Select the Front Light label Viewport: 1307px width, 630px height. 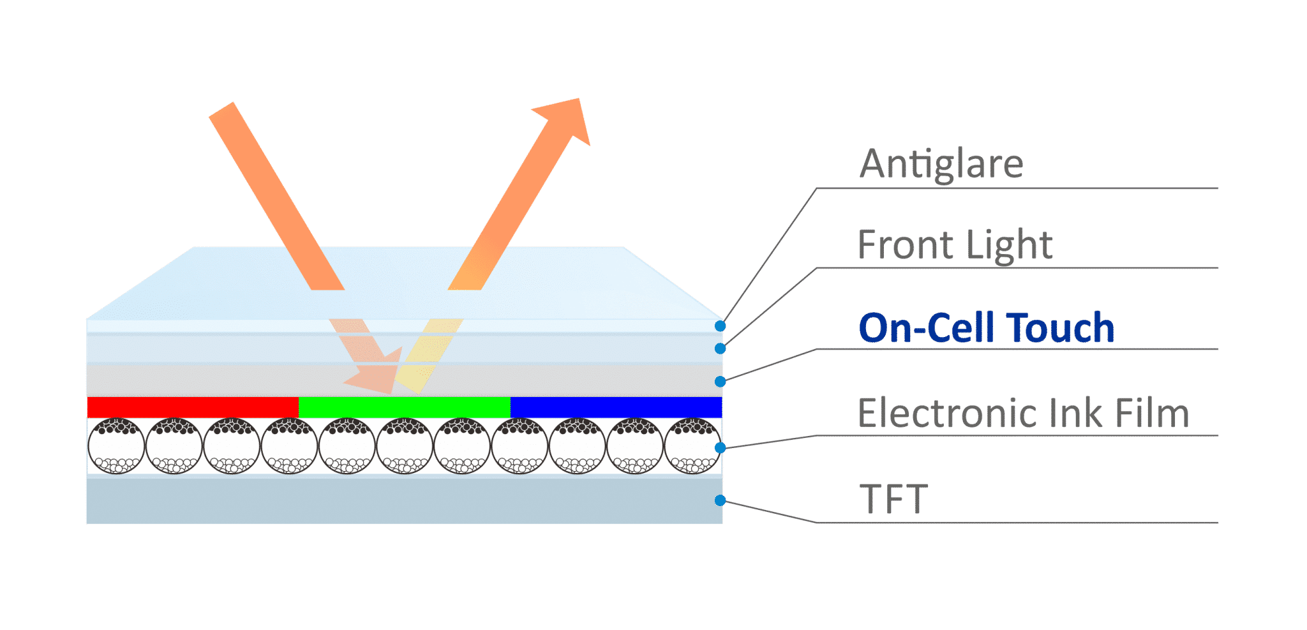coord(955,244)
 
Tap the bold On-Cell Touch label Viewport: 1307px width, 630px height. coord(987,327)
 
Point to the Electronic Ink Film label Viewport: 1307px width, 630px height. coord(1024,412)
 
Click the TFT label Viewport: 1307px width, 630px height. coord(893,499)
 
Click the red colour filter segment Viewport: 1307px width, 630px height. coord(193,407)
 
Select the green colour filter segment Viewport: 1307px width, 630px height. coord(405,407)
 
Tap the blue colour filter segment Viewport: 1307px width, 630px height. coord(616,407)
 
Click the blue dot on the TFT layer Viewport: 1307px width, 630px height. coord(720,500)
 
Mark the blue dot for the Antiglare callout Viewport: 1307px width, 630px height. coord(720,326)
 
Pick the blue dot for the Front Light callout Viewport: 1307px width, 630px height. coord(720,349)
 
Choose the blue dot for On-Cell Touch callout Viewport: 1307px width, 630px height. coord(720,382)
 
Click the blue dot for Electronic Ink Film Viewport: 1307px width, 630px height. coord(720,448)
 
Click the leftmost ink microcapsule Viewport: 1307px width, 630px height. coord(116,446)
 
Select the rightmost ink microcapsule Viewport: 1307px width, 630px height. coord(692,446)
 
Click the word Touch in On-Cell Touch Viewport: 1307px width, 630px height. coord(1060,327)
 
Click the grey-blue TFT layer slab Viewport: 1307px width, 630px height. coord(405,500)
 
